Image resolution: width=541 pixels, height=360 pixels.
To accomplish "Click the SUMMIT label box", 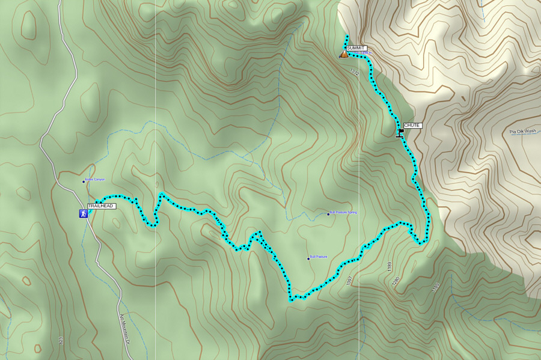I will (356, 47).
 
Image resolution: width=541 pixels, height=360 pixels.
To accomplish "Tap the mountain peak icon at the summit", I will (343, 54).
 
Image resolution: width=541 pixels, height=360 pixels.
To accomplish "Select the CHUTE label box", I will (412, 126).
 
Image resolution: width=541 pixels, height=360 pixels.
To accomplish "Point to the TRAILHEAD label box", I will (100, 206).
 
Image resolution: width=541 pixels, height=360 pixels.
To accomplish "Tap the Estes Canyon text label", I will (95, 180).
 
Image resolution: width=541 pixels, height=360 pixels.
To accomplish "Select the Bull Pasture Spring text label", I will (344, 213).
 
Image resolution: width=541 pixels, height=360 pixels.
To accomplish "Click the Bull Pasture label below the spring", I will (319, 257).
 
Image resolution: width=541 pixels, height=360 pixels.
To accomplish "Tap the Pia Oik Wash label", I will (522, 131).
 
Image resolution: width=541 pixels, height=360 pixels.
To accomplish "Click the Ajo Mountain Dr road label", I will (125, 328).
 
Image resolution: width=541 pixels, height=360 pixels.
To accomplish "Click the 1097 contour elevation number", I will (349, 280).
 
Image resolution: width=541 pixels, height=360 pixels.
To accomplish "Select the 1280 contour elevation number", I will (395, 281).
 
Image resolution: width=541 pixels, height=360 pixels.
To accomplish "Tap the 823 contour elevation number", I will (61, 341).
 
